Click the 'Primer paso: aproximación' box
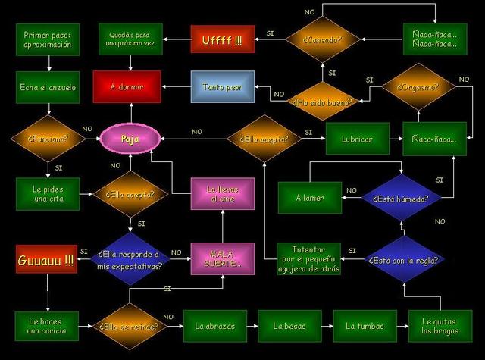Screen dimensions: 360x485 click(x=48, y=39)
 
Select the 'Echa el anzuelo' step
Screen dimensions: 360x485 click(x=48, y=87)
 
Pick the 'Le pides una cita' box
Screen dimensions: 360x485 click(x=48, y=193)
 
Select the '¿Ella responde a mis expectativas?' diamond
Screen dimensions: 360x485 click(x=130, y=260)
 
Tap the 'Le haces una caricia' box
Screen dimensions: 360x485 click(x=48, y=326)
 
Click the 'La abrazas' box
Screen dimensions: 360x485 click(x=214, y=326)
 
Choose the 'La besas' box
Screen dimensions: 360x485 click(x=289, y=326)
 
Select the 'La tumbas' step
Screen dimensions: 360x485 click(x=365, y=326)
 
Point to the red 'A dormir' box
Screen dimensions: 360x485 click(x=127, y=87)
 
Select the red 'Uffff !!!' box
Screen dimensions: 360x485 click(x=221, y=39)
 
